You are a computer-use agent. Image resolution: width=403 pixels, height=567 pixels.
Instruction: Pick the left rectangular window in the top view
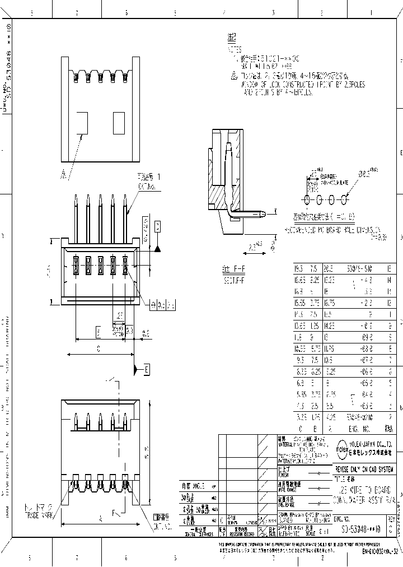(82, 123)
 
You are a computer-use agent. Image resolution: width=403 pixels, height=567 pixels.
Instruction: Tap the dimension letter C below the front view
(98, 348)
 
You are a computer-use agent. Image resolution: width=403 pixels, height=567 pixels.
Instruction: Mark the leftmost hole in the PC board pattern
(307, 199)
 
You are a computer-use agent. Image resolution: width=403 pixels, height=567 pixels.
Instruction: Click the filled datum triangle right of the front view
(158, 248)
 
